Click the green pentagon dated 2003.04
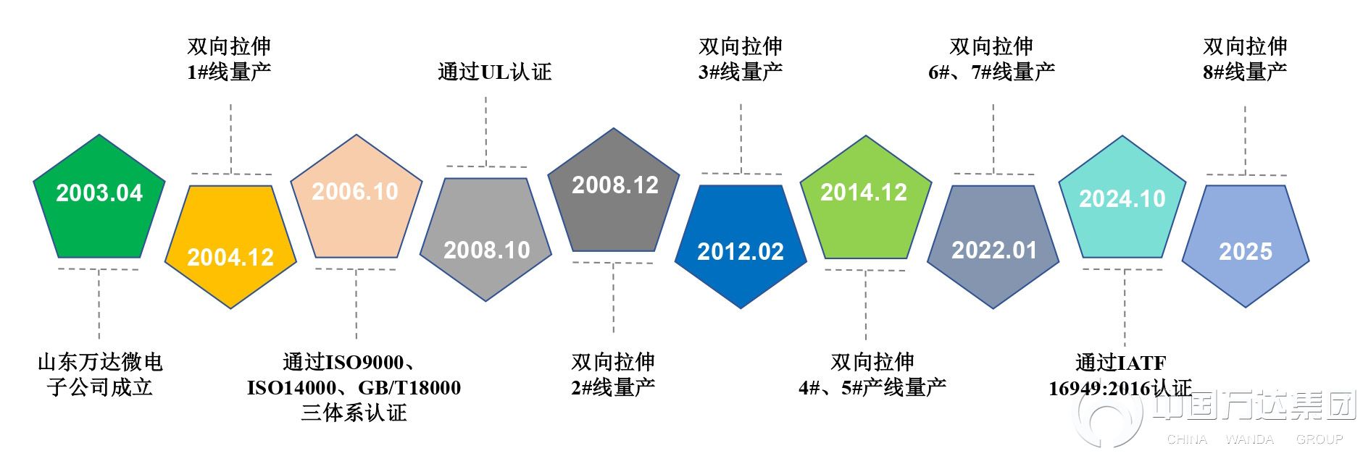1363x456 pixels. pos(99,199)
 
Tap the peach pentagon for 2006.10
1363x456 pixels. pos(356,199)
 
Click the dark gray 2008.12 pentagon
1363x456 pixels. pos(614,193)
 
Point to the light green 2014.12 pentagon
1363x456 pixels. pos(865,200)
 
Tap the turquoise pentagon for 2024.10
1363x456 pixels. pos(1122,200)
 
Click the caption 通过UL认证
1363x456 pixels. pos(495,72)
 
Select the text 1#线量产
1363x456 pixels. pos(229,72)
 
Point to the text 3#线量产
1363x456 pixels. pos(741,72)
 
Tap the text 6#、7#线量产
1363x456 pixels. pos(992,72)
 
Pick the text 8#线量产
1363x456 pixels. pos(1245,72)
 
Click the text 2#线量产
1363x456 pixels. pos(613,387)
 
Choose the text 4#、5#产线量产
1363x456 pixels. pos(872,387)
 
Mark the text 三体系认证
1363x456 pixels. pos(354,413)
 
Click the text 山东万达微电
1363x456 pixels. pos(100,362)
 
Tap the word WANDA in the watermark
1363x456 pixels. pos(1249,439)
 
